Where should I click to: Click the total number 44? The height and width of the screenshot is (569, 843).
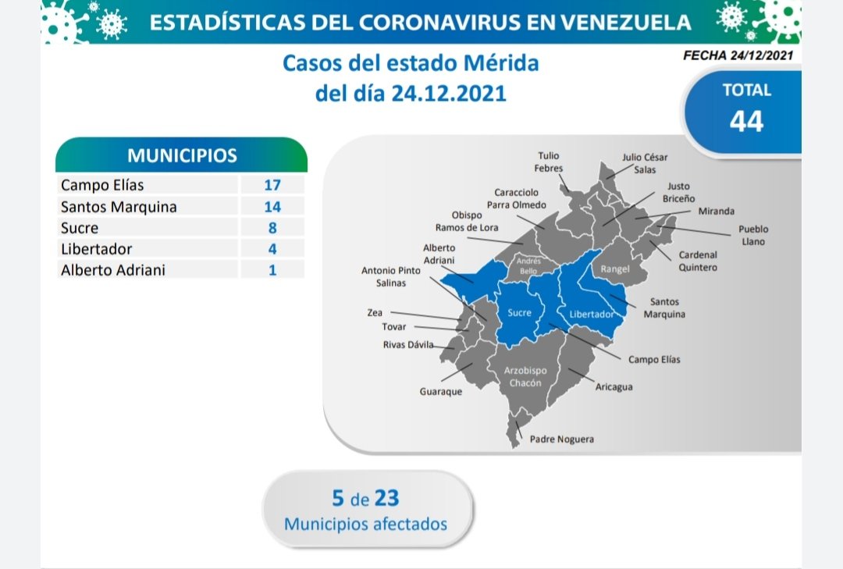[746, 121]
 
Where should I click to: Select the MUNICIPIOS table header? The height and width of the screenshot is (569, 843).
[182, 155]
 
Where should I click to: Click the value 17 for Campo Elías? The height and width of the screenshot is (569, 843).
[272, 185]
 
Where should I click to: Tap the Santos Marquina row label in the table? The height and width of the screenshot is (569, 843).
[119, 207]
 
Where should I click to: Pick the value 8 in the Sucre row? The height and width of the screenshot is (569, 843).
[272, 227]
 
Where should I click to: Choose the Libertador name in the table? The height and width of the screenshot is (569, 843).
[96, 249]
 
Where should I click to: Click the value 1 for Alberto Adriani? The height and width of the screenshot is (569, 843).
[272, 270]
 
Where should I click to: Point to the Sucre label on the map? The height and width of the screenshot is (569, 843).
[519, 312]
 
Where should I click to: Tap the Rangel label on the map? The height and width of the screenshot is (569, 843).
[615, 269]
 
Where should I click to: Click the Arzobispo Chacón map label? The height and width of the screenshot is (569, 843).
[525, 376]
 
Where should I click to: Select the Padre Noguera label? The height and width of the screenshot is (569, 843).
[562, 439]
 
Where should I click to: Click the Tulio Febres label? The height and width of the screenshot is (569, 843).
[549, 162]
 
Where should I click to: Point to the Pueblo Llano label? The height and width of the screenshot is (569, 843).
[753, 235]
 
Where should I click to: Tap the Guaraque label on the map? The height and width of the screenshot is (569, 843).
[441, 392]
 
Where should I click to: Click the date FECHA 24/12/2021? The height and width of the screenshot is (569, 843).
[738, 55]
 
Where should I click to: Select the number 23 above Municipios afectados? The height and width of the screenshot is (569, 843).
[387, 498]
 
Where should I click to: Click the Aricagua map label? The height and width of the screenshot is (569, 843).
[614, 386]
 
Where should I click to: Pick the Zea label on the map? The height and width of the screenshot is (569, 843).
[375, 312]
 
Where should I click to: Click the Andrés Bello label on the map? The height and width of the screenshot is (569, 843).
[528, 265]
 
